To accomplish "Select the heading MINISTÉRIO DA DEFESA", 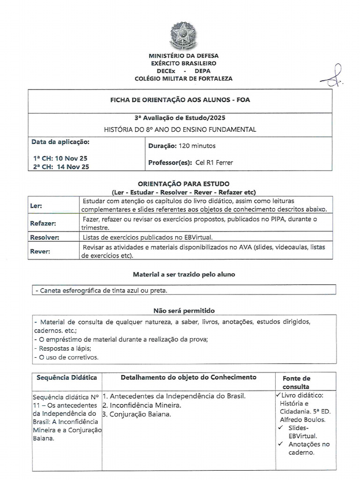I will point(183,56).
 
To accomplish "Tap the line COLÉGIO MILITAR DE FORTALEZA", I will point(183,78).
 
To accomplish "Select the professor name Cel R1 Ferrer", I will point(214,163).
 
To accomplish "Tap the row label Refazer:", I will point(43,224).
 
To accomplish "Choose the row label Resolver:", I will point(45,237).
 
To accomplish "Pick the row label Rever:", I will point(40,251).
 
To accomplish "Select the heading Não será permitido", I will point(184,310).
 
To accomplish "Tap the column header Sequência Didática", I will point(66,377).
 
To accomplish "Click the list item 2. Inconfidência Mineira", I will point(142,405).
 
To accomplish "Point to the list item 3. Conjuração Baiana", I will point(136,414).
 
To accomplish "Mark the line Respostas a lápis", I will point(59,348).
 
